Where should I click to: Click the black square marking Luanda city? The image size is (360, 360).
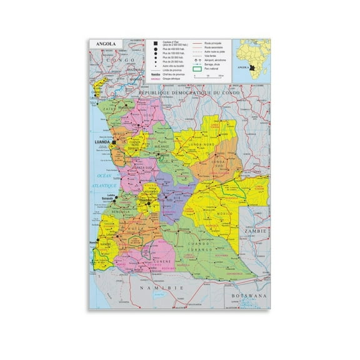114,142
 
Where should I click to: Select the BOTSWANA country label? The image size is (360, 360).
249,293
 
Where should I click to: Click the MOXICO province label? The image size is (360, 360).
223,213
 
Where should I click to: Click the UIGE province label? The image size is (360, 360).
148,115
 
